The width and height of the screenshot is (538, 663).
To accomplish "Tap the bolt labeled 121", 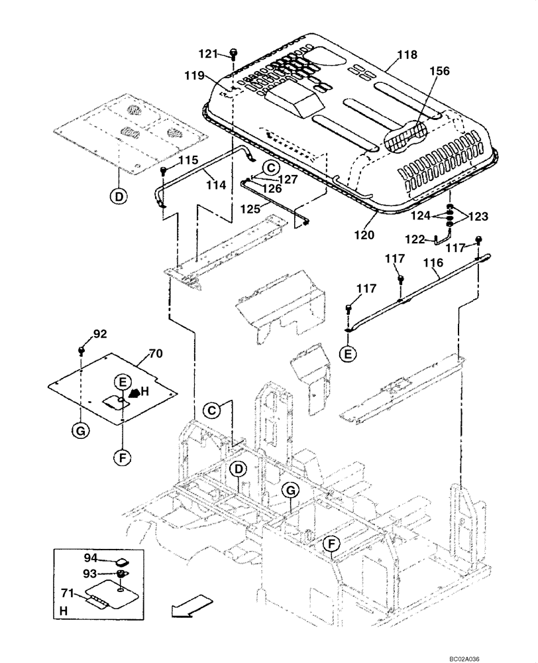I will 234,52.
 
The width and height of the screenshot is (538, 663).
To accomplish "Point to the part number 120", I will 364,235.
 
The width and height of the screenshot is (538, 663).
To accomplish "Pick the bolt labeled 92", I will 81,349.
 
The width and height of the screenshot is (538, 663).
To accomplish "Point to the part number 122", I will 417,240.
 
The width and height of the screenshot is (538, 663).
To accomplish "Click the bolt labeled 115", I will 163,171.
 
